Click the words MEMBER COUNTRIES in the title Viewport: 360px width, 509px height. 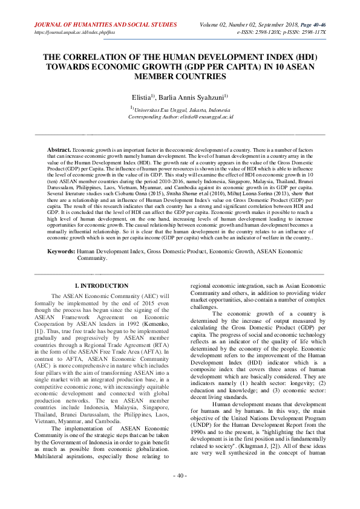[x=180, y=77]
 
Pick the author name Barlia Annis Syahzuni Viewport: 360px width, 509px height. [x=192, y=96]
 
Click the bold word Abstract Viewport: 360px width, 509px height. [x=59, y=148]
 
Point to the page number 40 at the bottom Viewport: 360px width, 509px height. [x=180, y=493]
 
